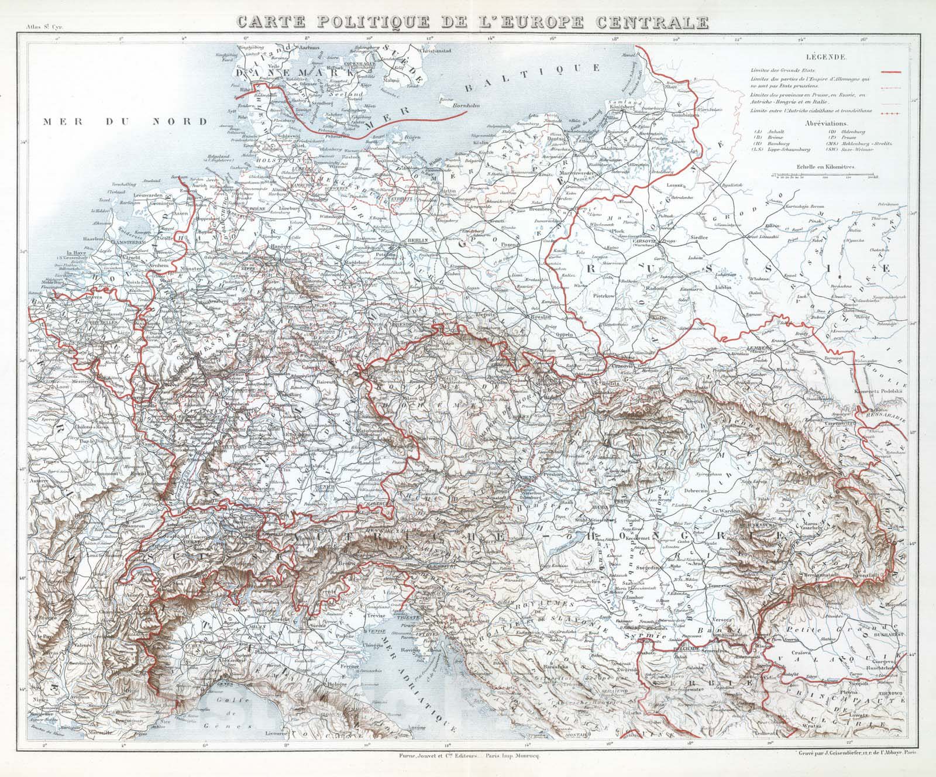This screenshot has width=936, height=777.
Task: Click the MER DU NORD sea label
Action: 122,122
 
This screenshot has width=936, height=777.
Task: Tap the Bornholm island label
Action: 465,106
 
